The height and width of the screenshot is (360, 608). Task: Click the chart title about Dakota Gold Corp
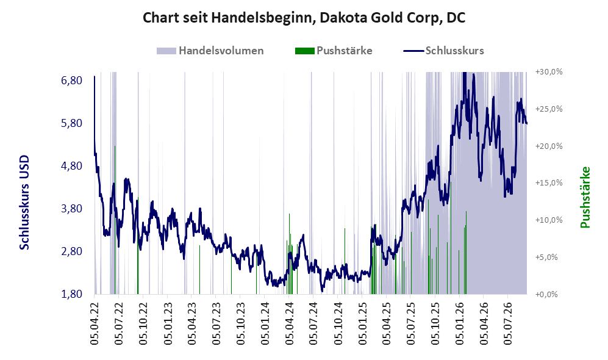(x=304, y=18)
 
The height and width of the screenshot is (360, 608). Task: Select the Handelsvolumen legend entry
(x=210, y=51)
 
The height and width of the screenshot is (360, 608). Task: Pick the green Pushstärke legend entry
(x=334, y=51)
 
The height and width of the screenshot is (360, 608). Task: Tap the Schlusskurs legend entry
(x=443, y=51)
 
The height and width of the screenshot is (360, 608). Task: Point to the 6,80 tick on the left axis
(x=71, y=81)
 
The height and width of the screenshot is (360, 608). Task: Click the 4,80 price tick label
(x=71, y=166)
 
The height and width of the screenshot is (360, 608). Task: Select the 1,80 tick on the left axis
(x=71, y=294)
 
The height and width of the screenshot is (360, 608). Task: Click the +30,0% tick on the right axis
(x=549, y=72)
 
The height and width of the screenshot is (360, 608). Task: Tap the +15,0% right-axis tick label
(x=549, y=182)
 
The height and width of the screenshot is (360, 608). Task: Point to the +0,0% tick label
(x=546, y=295)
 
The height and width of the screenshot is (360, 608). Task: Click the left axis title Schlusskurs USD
(x=24, y=203)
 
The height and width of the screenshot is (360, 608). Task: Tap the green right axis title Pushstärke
(x=585, y=198)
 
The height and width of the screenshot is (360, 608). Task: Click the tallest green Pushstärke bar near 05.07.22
(x=115, y=220)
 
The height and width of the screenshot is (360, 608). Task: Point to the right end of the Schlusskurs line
(x=526, y=123)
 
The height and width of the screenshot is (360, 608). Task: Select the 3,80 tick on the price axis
(x=71, y=209)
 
